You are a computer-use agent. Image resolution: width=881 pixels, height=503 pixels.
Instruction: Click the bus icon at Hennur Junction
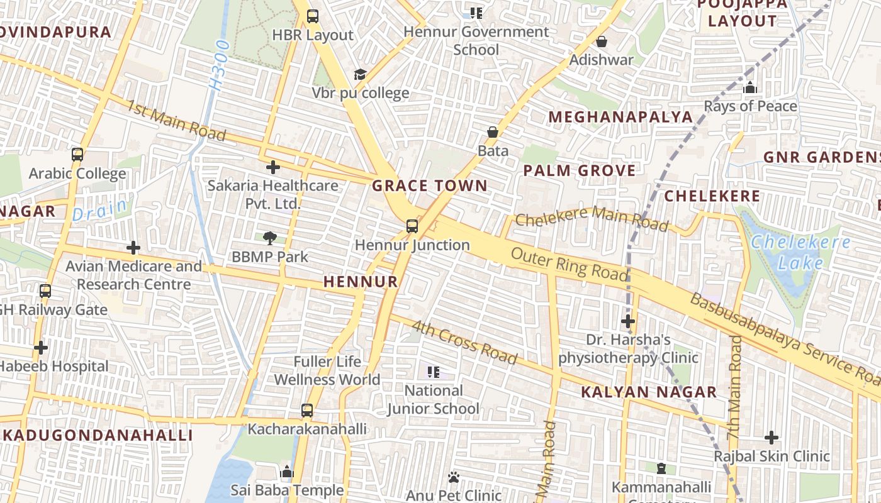412,226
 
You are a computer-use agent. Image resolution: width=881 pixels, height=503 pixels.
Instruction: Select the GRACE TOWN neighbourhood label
430,185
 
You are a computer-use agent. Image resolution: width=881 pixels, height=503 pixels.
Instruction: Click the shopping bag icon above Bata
493,132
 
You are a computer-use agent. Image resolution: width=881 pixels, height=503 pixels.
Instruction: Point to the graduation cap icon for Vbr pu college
360,75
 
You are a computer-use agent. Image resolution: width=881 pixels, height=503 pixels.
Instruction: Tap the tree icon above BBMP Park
270,238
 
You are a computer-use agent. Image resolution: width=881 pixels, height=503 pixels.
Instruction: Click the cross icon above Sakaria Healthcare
272,167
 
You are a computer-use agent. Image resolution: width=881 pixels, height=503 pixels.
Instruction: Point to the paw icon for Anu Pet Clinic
453,477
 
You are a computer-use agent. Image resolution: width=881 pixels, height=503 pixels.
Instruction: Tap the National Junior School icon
433,372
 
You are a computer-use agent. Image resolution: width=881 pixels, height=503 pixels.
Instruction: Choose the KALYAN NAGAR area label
649,392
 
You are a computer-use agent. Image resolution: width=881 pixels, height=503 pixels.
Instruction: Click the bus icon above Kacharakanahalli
306,411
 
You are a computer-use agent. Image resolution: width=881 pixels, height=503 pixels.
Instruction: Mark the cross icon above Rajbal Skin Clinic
772,437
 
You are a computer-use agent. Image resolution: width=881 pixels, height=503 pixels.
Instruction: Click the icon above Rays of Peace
749,88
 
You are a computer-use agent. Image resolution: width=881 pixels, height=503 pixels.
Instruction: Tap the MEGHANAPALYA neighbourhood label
620,117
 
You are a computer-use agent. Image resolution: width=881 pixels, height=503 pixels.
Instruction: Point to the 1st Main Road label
176,120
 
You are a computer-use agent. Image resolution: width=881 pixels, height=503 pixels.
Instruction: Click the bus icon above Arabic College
77,155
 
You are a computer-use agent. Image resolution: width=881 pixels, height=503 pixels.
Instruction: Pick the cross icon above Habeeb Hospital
41,347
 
